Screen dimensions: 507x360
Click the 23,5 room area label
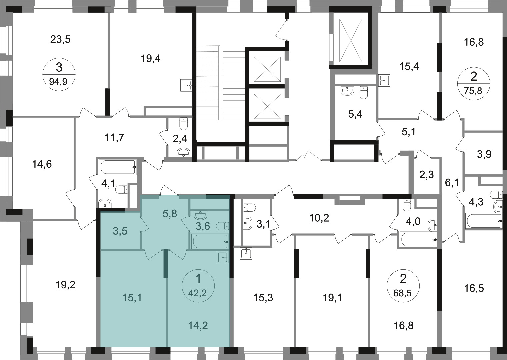point(60,40)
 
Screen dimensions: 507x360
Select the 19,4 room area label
point(151,59)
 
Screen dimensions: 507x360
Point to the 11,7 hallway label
point(114,138)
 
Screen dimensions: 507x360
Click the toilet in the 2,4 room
point(183,124)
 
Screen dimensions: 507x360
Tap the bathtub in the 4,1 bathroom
point(118,167)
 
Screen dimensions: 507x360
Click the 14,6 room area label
point(42,164)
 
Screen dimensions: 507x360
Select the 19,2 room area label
point(65,285)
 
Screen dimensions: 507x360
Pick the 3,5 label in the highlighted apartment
point(120,231)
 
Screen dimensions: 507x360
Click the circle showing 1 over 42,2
point(198,286)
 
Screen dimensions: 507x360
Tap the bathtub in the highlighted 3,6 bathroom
point(210,242)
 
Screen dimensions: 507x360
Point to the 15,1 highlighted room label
point(132,298)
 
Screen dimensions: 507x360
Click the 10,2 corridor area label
point(319,218)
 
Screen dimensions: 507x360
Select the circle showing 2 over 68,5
point(403,286)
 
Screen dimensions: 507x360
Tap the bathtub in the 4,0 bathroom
point(418,239)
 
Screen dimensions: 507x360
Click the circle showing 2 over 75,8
point(474,83)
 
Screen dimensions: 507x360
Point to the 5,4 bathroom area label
point(355,114)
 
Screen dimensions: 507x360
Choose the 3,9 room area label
point(484,154)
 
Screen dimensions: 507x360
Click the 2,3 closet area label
point(426,175)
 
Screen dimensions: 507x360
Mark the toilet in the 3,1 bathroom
point(249,207)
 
